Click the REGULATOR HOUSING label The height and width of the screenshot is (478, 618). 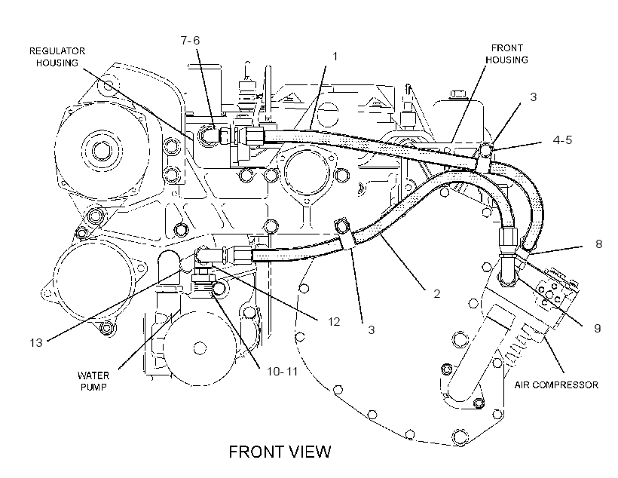[x=57, y=57]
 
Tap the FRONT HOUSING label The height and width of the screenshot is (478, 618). [x=506, y=54]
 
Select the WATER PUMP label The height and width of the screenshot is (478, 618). [x=93, y=381]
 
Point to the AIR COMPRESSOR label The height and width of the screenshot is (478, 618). [x=556, y=385]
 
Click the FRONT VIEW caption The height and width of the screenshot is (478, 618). [x=280, y=452]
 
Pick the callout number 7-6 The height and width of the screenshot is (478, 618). [x=191, y=41]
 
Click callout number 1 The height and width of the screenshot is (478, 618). [x=335, y=57]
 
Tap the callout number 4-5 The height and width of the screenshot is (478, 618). [x=562, y=140]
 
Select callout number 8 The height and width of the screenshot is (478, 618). [x=598, y=244]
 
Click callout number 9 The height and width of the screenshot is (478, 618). [x=598, y=328]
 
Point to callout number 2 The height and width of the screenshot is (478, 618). [x=436, y=293]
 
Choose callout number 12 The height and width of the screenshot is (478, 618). [x=334, y=322]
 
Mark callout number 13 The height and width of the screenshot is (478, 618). [x=36, y=342]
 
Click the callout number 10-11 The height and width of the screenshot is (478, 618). [x=282, y=372]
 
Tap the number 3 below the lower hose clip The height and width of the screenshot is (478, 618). [x=372, y=329]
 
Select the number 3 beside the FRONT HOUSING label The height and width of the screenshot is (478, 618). [x=534, y=97]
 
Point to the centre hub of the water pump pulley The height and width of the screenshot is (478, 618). [x=200, y=348]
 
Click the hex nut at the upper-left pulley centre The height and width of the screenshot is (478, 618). [x=102, y=151]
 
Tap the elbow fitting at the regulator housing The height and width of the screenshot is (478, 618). [x=209, y=135]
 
